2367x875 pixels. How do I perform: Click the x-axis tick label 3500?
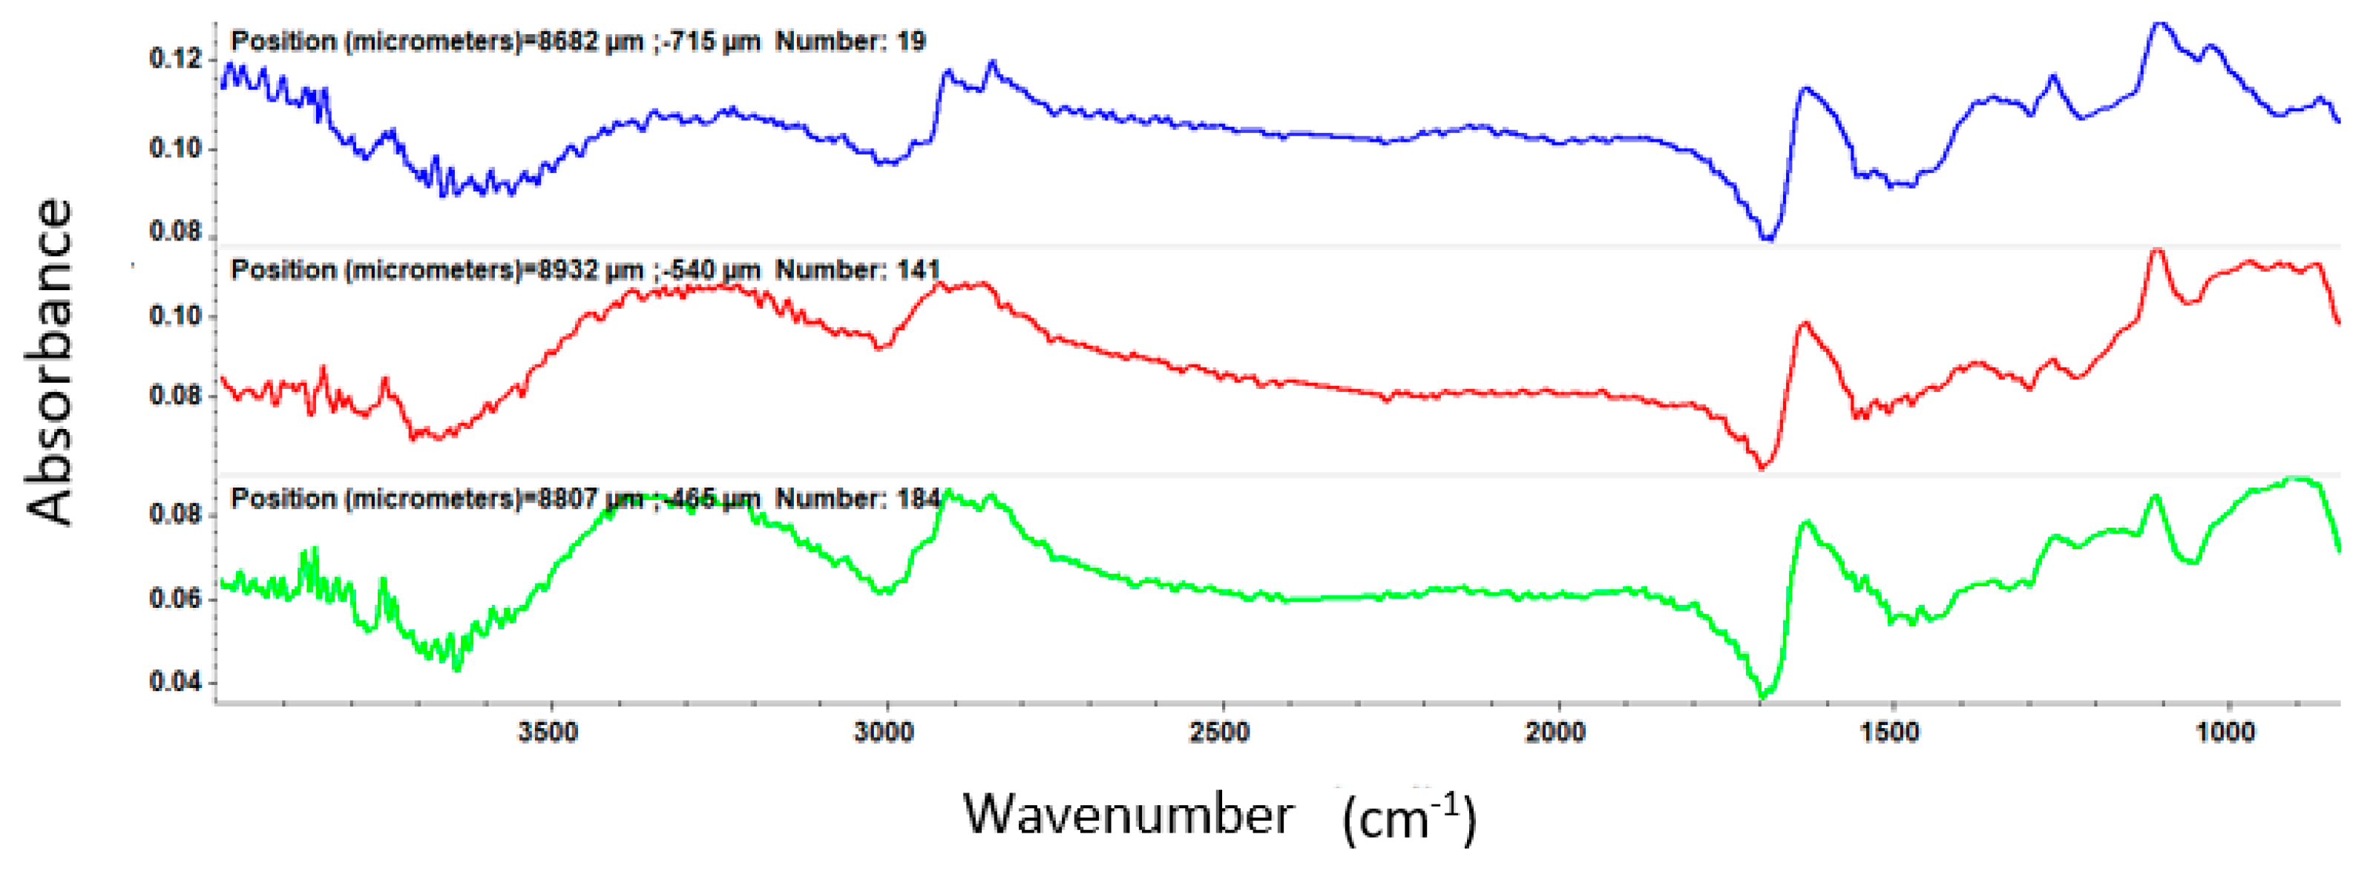(548, 733)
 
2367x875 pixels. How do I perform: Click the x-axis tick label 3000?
(884, 733)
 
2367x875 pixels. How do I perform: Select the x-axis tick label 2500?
(1219, 733)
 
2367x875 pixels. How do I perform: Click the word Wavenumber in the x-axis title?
(1127, 814)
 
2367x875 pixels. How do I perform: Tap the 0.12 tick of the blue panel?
(174, 59)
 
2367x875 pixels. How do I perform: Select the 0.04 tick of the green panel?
(174, 682)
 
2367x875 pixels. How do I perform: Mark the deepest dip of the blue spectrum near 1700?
(1766, 237)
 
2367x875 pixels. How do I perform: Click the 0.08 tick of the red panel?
(174, 396)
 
